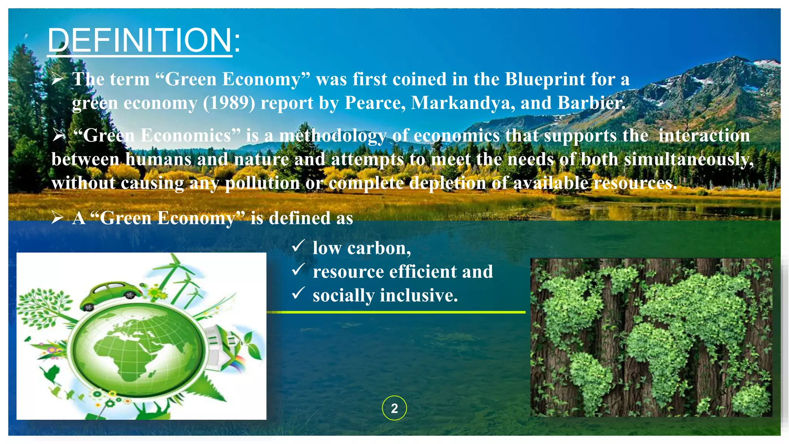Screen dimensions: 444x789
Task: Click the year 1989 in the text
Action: point(229,103)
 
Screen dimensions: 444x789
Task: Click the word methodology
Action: point(332,136)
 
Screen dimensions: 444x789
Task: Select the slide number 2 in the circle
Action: point(394,408)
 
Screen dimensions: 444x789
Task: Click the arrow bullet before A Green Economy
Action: point(57,218)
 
